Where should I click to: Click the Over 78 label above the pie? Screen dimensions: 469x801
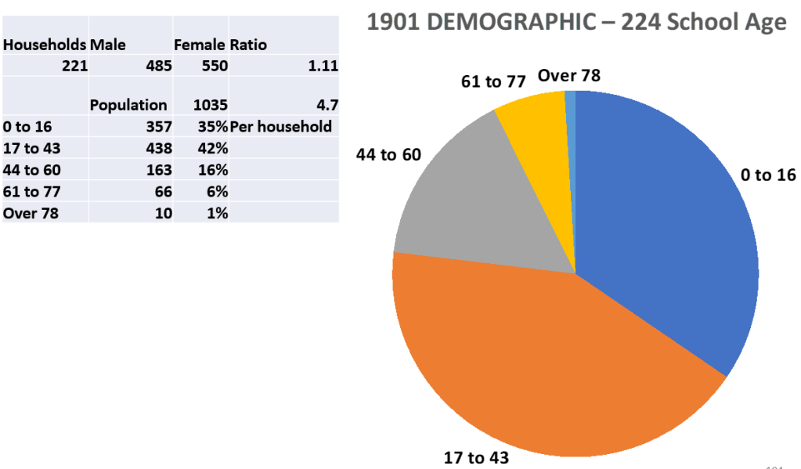point(569,76)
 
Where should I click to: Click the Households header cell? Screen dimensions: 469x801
point(45,45)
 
